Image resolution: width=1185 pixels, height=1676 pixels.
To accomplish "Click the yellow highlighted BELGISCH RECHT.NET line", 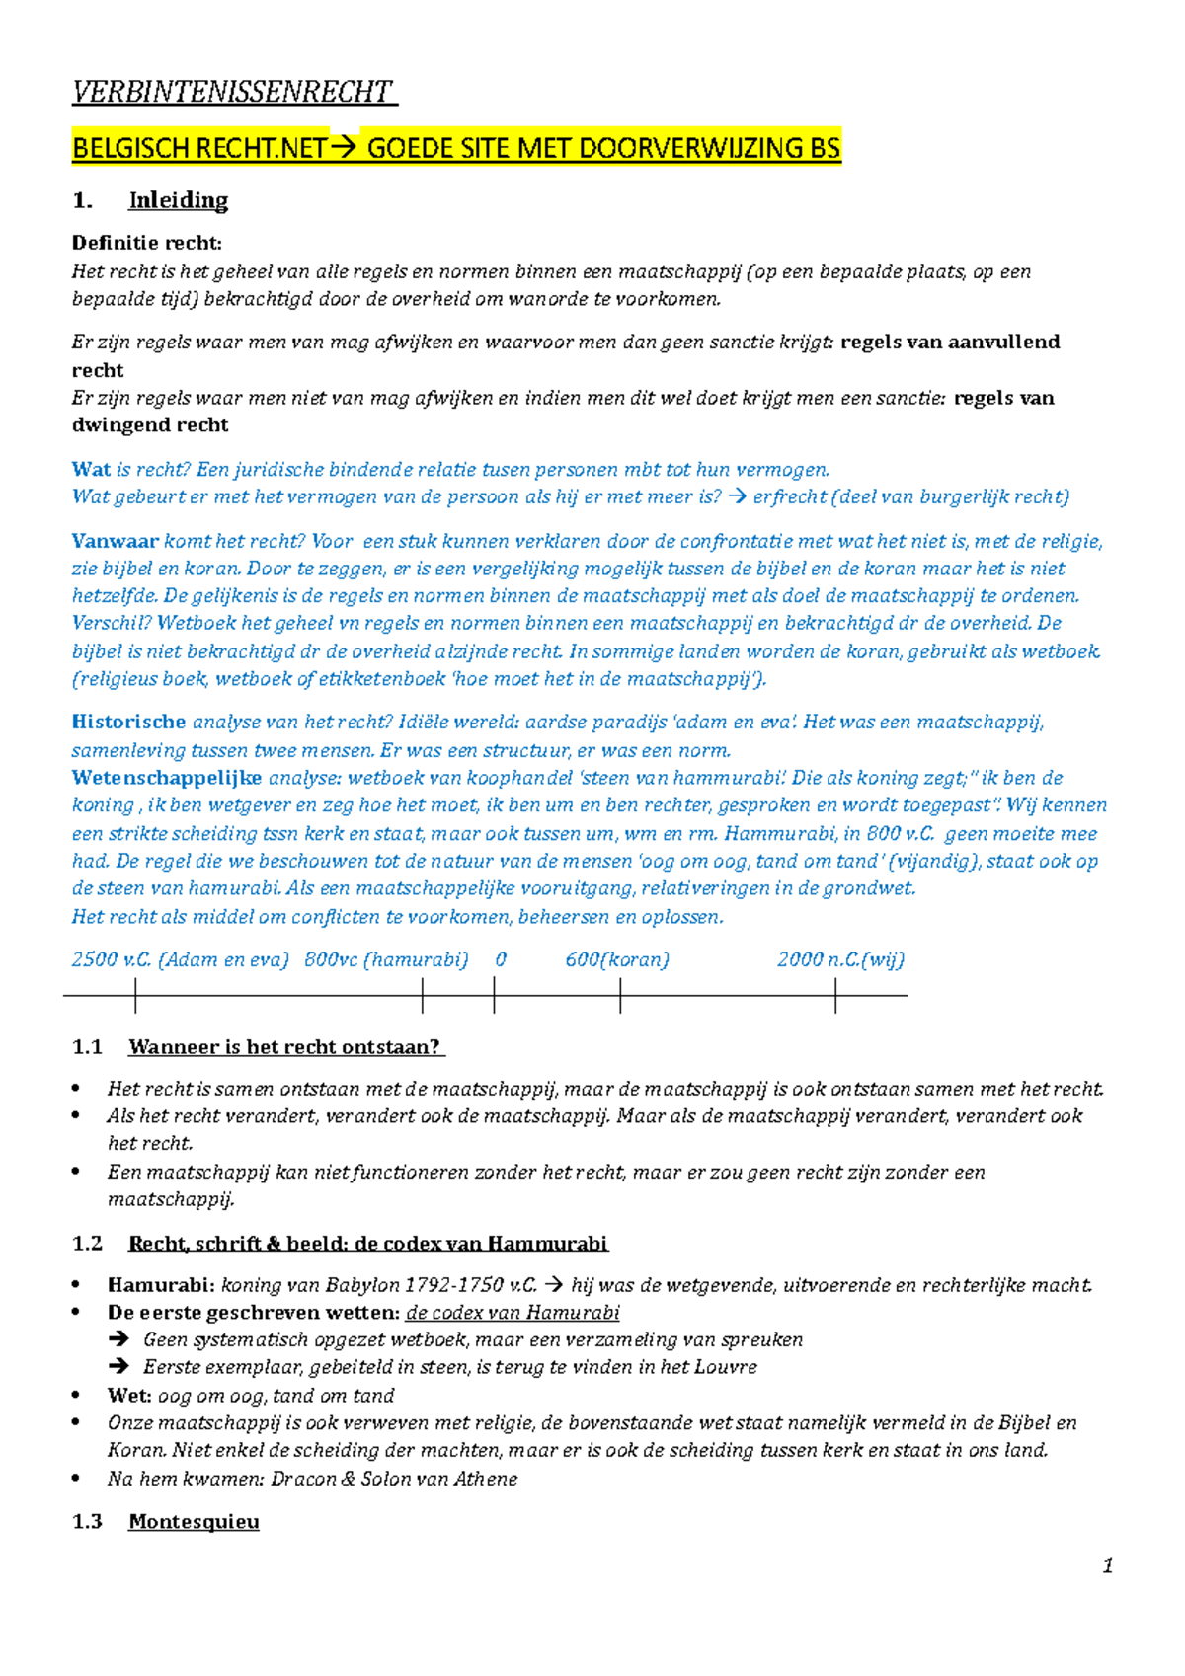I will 455,148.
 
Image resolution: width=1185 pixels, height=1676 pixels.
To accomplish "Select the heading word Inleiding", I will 178,200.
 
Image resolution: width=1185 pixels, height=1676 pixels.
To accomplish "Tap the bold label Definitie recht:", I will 147,243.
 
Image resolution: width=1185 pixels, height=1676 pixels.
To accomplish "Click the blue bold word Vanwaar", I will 115,541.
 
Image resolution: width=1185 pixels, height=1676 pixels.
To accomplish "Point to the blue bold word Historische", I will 128,722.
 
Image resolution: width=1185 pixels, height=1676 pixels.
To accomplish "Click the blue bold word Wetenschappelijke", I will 167,778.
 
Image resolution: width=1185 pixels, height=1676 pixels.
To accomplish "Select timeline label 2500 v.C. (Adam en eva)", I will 180,959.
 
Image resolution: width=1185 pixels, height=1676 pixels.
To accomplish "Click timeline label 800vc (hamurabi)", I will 386,959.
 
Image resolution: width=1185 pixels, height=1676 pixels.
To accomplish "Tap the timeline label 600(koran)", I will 617,959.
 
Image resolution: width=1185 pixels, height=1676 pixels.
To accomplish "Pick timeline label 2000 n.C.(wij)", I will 840,959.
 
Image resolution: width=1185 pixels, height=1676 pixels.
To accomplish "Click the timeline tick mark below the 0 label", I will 494,996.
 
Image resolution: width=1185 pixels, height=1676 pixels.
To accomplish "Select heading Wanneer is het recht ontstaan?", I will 285,1047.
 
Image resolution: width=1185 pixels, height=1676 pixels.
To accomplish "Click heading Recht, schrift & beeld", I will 367,1243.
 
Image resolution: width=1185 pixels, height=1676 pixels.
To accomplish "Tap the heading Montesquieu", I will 194,1521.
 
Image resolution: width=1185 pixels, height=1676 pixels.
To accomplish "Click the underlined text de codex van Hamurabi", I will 513,1313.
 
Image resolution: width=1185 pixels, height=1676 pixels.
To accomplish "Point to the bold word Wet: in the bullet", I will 128,1396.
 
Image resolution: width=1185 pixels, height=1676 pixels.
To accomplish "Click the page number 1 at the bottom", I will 1108,1565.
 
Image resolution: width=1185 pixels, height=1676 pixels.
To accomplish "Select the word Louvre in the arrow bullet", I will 726,1367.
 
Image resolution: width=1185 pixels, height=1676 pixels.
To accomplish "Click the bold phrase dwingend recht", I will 150,425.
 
